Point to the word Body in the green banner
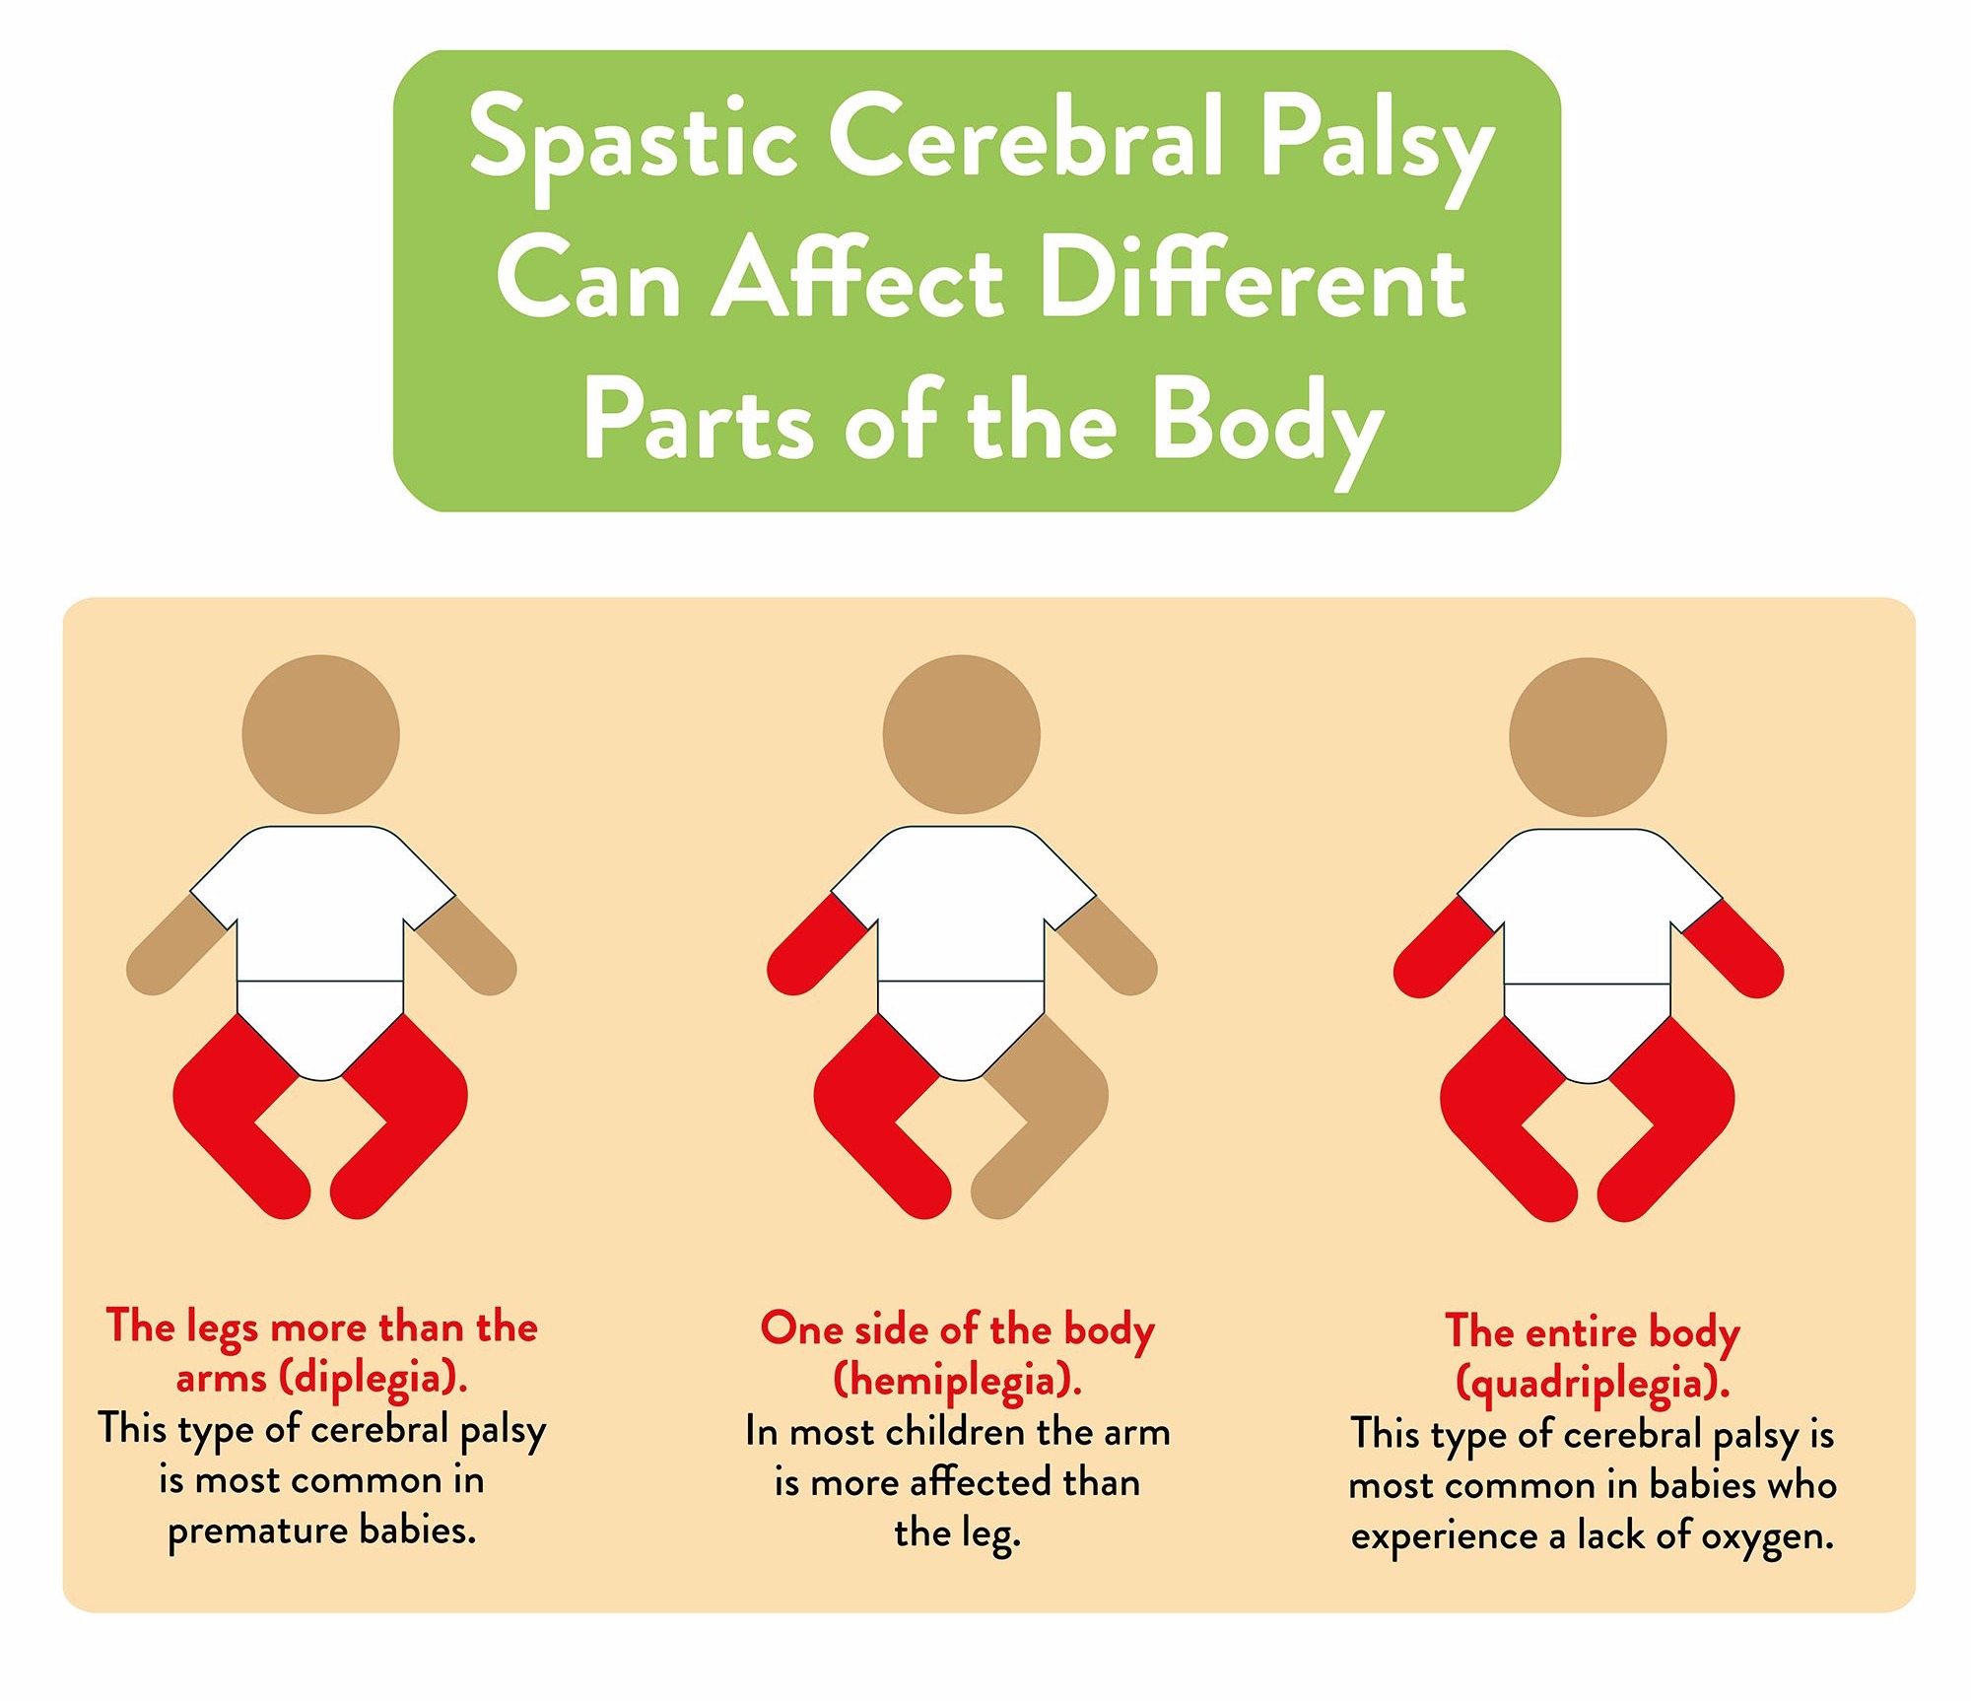1268,426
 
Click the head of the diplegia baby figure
321,734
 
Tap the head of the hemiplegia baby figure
962,734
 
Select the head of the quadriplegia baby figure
1588,737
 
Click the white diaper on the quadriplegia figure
1588,1030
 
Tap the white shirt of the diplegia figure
321,902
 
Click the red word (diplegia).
374,1378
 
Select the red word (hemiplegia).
958,1381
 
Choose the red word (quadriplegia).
1593,1384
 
